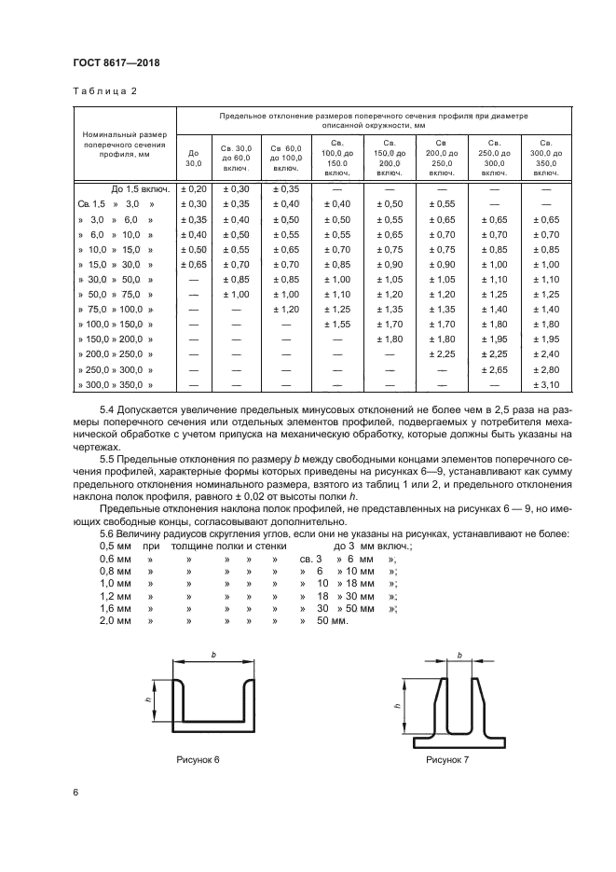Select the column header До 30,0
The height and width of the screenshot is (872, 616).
[194, 158]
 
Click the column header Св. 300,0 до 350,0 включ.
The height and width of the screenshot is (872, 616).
[545, 158]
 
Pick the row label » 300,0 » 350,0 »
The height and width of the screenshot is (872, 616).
[116, 384]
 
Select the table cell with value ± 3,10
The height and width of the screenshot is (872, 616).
[545, 384]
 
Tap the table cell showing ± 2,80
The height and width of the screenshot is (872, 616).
[545, 370]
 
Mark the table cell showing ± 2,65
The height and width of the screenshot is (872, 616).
[495, 370]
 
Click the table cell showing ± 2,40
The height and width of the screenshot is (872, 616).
[545, 354]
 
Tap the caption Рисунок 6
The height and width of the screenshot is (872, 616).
[198, 761]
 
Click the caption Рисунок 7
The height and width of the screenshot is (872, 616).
[447, 761]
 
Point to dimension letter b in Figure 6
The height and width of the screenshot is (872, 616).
[212, 656]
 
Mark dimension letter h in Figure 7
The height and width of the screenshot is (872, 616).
[399, 706]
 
